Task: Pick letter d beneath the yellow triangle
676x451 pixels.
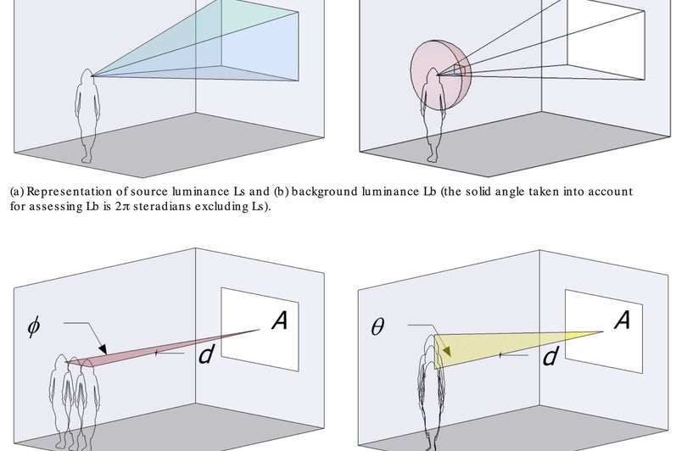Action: [550, 355]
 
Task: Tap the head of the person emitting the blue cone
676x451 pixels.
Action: [87, 78]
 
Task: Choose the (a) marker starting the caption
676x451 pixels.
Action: [16, 192]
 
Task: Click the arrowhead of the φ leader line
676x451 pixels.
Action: [103, 350]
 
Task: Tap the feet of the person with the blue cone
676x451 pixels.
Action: [87, 158]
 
